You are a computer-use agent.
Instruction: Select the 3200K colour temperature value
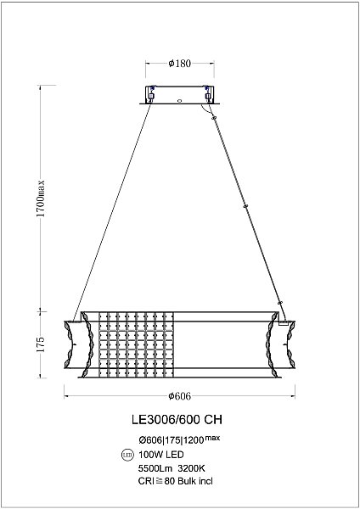pos(191,467)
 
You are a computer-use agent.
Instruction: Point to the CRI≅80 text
pos(155,480)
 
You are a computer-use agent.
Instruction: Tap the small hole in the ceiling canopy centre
pos(179,98)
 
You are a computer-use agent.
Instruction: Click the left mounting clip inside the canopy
pos(152,94)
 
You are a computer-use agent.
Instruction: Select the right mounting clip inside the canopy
pos(206,94)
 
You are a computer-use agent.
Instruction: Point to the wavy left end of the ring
pos(72,348)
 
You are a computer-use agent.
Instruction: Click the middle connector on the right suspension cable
pos(245,205)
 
